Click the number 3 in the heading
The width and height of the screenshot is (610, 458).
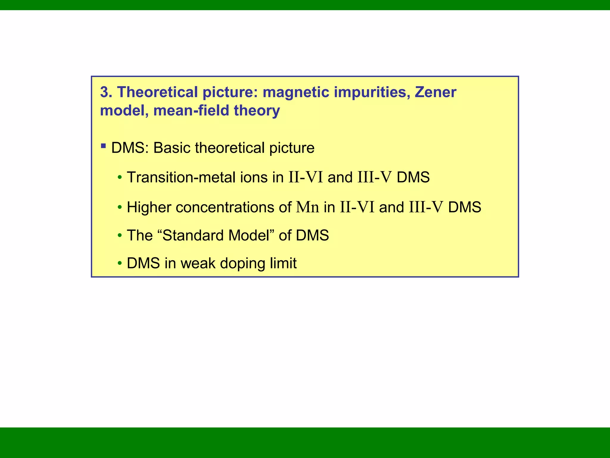tap(105, 92)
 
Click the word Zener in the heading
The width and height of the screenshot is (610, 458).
tap(435, 92)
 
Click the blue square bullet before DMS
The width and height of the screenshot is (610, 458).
tap(103, 146)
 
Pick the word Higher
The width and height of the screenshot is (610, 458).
tap(149, 207)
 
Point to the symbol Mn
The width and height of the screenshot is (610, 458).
tap(307, 207)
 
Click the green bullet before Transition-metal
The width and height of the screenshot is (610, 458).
tap(120, 178)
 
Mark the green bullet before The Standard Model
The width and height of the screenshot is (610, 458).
tap(120, 236)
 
